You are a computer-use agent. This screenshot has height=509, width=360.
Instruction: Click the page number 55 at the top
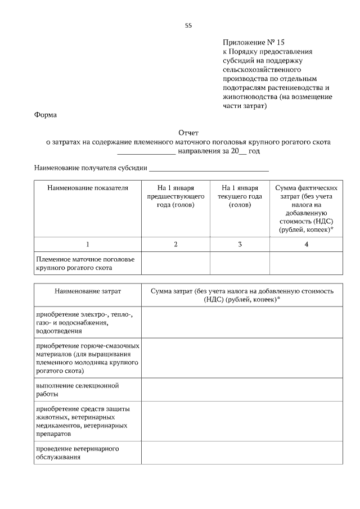coord(188,25)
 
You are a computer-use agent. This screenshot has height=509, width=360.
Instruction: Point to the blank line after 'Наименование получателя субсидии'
coord(209,168)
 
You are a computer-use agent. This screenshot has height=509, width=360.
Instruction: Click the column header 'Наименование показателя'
coord(88,188)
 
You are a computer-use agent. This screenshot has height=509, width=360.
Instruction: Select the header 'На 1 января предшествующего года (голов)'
coord(175,196)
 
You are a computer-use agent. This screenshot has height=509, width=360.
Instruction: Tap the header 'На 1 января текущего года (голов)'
coord(240,196)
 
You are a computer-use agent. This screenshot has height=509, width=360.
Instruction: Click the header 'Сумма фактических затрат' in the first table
coord(306,209)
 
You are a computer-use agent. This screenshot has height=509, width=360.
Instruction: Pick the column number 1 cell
coord(88,244)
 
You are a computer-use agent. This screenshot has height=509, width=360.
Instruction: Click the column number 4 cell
coord(306,244)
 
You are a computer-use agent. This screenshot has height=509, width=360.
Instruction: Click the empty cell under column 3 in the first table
coord(240,263)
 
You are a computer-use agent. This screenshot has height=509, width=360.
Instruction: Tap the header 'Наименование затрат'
coord(88,291)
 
